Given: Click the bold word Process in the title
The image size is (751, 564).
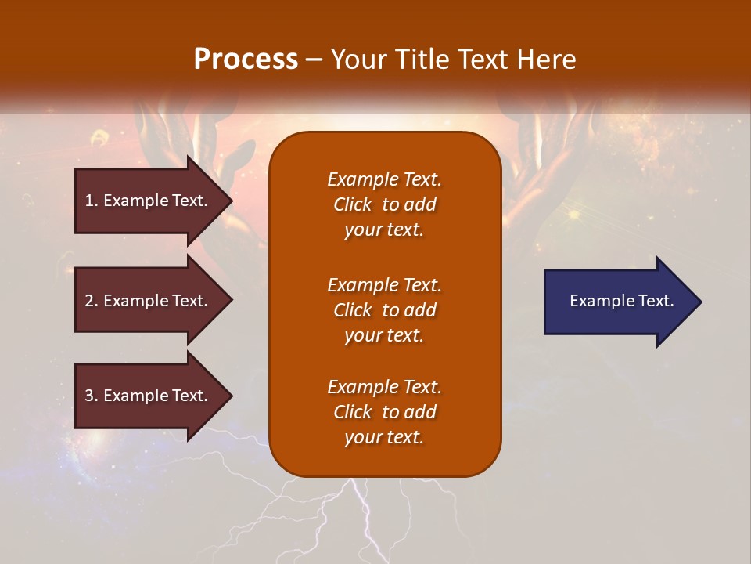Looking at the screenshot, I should (246, 60).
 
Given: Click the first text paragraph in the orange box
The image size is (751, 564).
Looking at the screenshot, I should (384, 204).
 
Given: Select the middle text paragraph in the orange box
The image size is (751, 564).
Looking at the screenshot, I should (384, 310).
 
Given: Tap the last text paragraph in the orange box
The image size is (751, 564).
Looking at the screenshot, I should (384, 412).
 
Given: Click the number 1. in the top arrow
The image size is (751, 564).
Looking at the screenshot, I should (92, 201).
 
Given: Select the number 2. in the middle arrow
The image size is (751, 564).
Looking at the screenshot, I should (92, 301).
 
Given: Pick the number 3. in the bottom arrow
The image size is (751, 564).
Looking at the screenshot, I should (92, 396).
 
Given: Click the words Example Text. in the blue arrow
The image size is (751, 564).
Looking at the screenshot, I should (621, 301).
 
